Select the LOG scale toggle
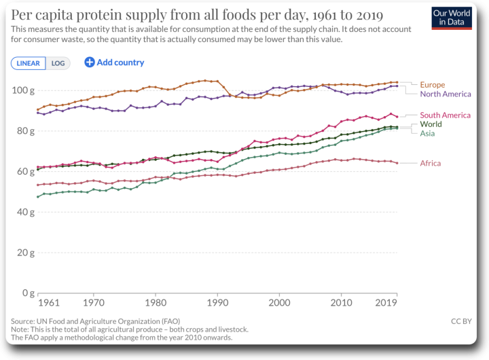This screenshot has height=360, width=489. click(x=58, y=62)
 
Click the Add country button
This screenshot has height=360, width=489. click(x=114, y=62)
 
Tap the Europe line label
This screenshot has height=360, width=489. click(x=433, y=85)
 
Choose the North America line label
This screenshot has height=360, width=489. click(x=446, y=94)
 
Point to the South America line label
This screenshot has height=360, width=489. click(x=445, y=115)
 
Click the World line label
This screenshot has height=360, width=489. click(x=431, y=124)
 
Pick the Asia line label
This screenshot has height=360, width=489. click(x=428, y=133)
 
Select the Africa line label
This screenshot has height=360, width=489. click(x=430, y=163)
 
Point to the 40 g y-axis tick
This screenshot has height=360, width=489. click(x=25, y=212)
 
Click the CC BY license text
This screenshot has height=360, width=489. click(x=461, y=320)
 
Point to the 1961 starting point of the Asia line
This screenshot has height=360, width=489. click(x=38, y=197)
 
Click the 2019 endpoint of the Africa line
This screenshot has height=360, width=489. click(x=397, y=163)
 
